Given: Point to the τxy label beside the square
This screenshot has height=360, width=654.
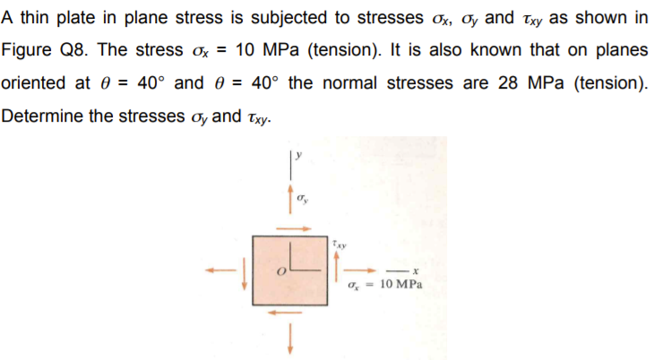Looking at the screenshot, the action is [x=337, y=243].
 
